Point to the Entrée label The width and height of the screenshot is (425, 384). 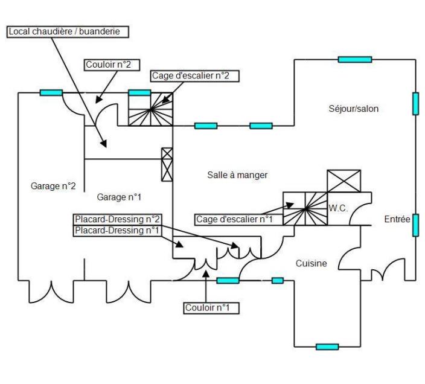(x=397, y=220)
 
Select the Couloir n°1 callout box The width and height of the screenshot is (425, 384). (x=212, y=308)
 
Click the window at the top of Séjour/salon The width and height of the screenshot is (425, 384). (x=354, y=59)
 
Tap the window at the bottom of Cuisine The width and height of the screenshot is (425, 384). (x=327, y=347)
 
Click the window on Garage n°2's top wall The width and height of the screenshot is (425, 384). (x=51, y=92)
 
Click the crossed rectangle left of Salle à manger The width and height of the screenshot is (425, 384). (x=167, y=164)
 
